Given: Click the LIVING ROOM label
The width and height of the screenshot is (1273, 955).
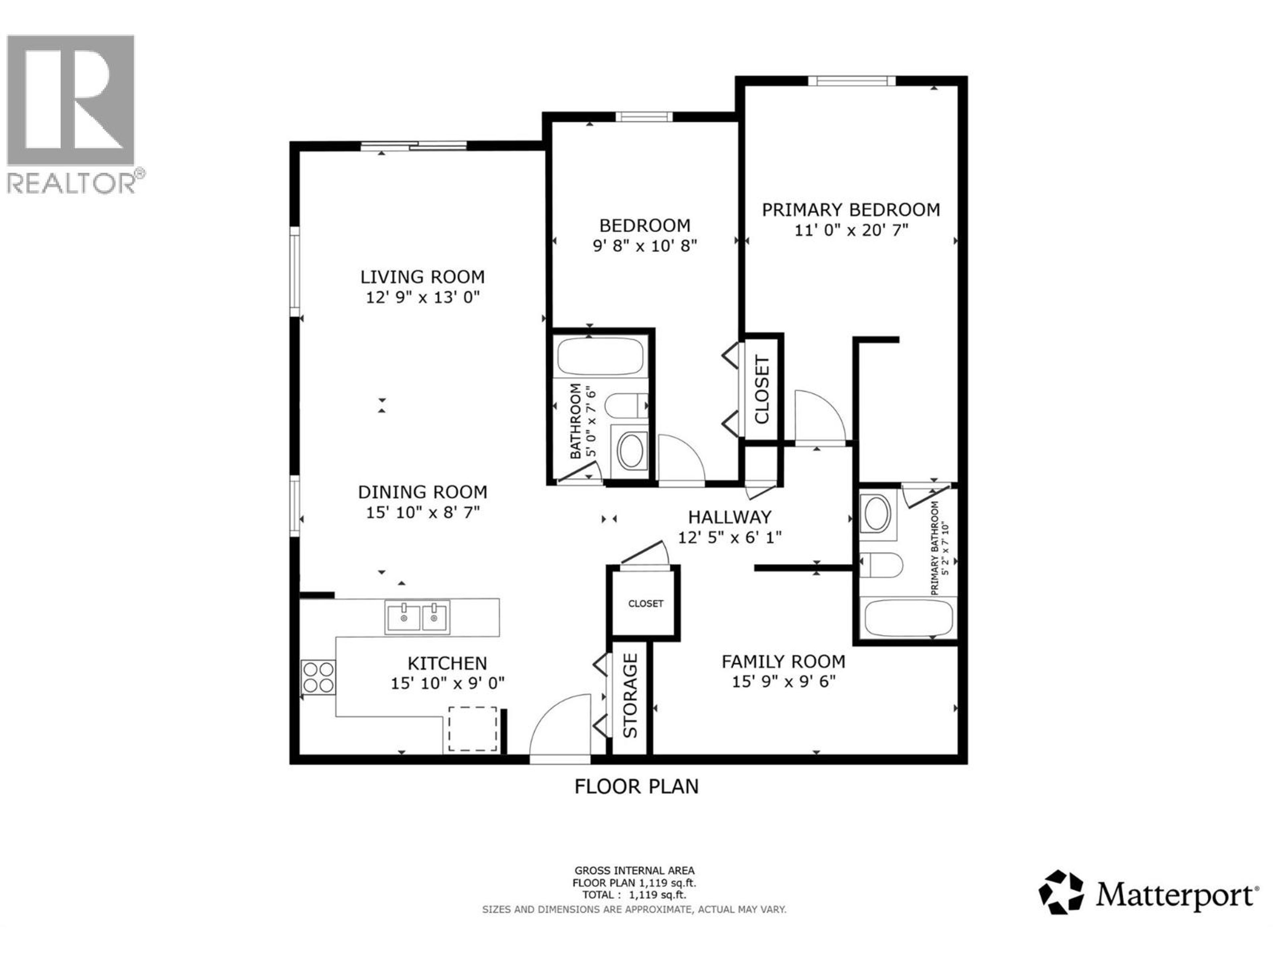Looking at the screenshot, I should pos(422,277).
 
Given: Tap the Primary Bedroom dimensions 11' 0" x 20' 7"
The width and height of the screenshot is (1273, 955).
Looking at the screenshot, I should pos(851,230).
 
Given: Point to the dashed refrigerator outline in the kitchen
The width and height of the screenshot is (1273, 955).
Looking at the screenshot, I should pos(472,729).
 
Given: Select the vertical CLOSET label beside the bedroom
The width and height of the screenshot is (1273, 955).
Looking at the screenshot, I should pos(762,390).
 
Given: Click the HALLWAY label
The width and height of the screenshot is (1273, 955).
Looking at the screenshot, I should pos(730,517).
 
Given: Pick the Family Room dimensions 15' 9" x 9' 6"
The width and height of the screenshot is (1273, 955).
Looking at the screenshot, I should pos(783,681).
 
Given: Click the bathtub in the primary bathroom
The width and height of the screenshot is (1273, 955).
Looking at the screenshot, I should pos(908,618).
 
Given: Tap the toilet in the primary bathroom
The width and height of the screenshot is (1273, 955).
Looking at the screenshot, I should pos(880,565).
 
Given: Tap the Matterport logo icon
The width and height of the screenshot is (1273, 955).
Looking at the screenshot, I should pos(1061,892).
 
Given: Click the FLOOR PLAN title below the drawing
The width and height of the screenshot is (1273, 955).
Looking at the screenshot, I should pos(636,786).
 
